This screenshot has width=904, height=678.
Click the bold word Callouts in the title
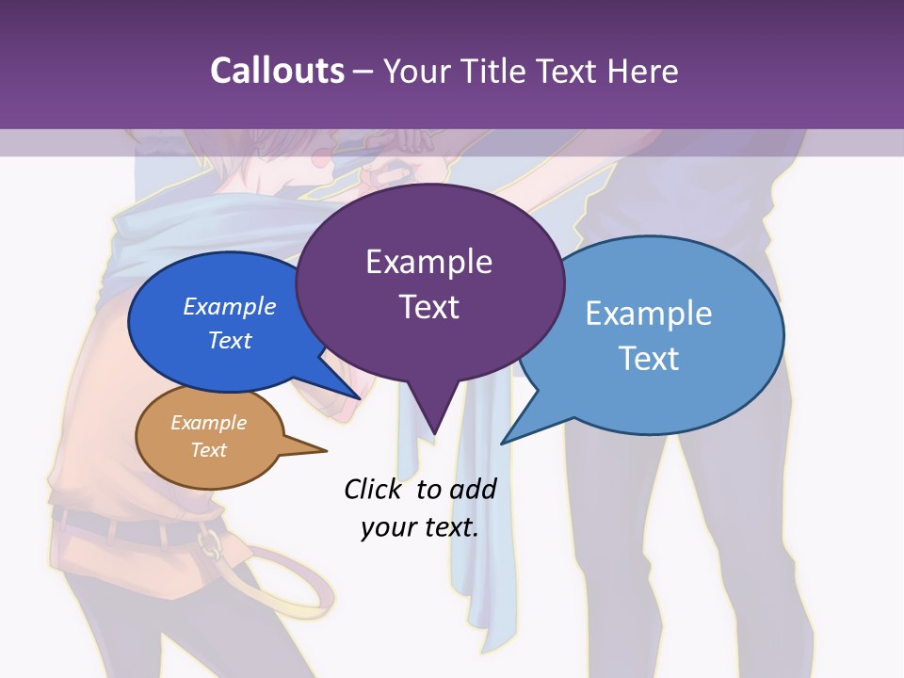277,71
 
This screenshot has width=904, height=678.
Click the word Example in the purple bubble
428,262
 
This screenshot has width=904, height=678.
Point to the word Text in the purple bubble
428,307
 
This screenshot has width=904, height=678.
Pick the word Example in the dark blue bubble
229,306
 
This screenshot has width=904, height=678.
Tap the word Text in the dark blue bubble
229,340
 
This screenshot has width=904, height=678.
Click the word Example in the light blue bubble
649,313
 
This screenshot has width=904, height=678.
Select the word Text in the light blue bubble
649,358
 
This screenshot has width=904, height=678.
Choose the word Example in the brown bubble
208,423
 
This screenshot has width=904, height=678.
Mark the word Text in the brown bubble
208,450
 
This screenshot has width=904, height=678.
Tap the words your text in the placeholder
419,527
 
